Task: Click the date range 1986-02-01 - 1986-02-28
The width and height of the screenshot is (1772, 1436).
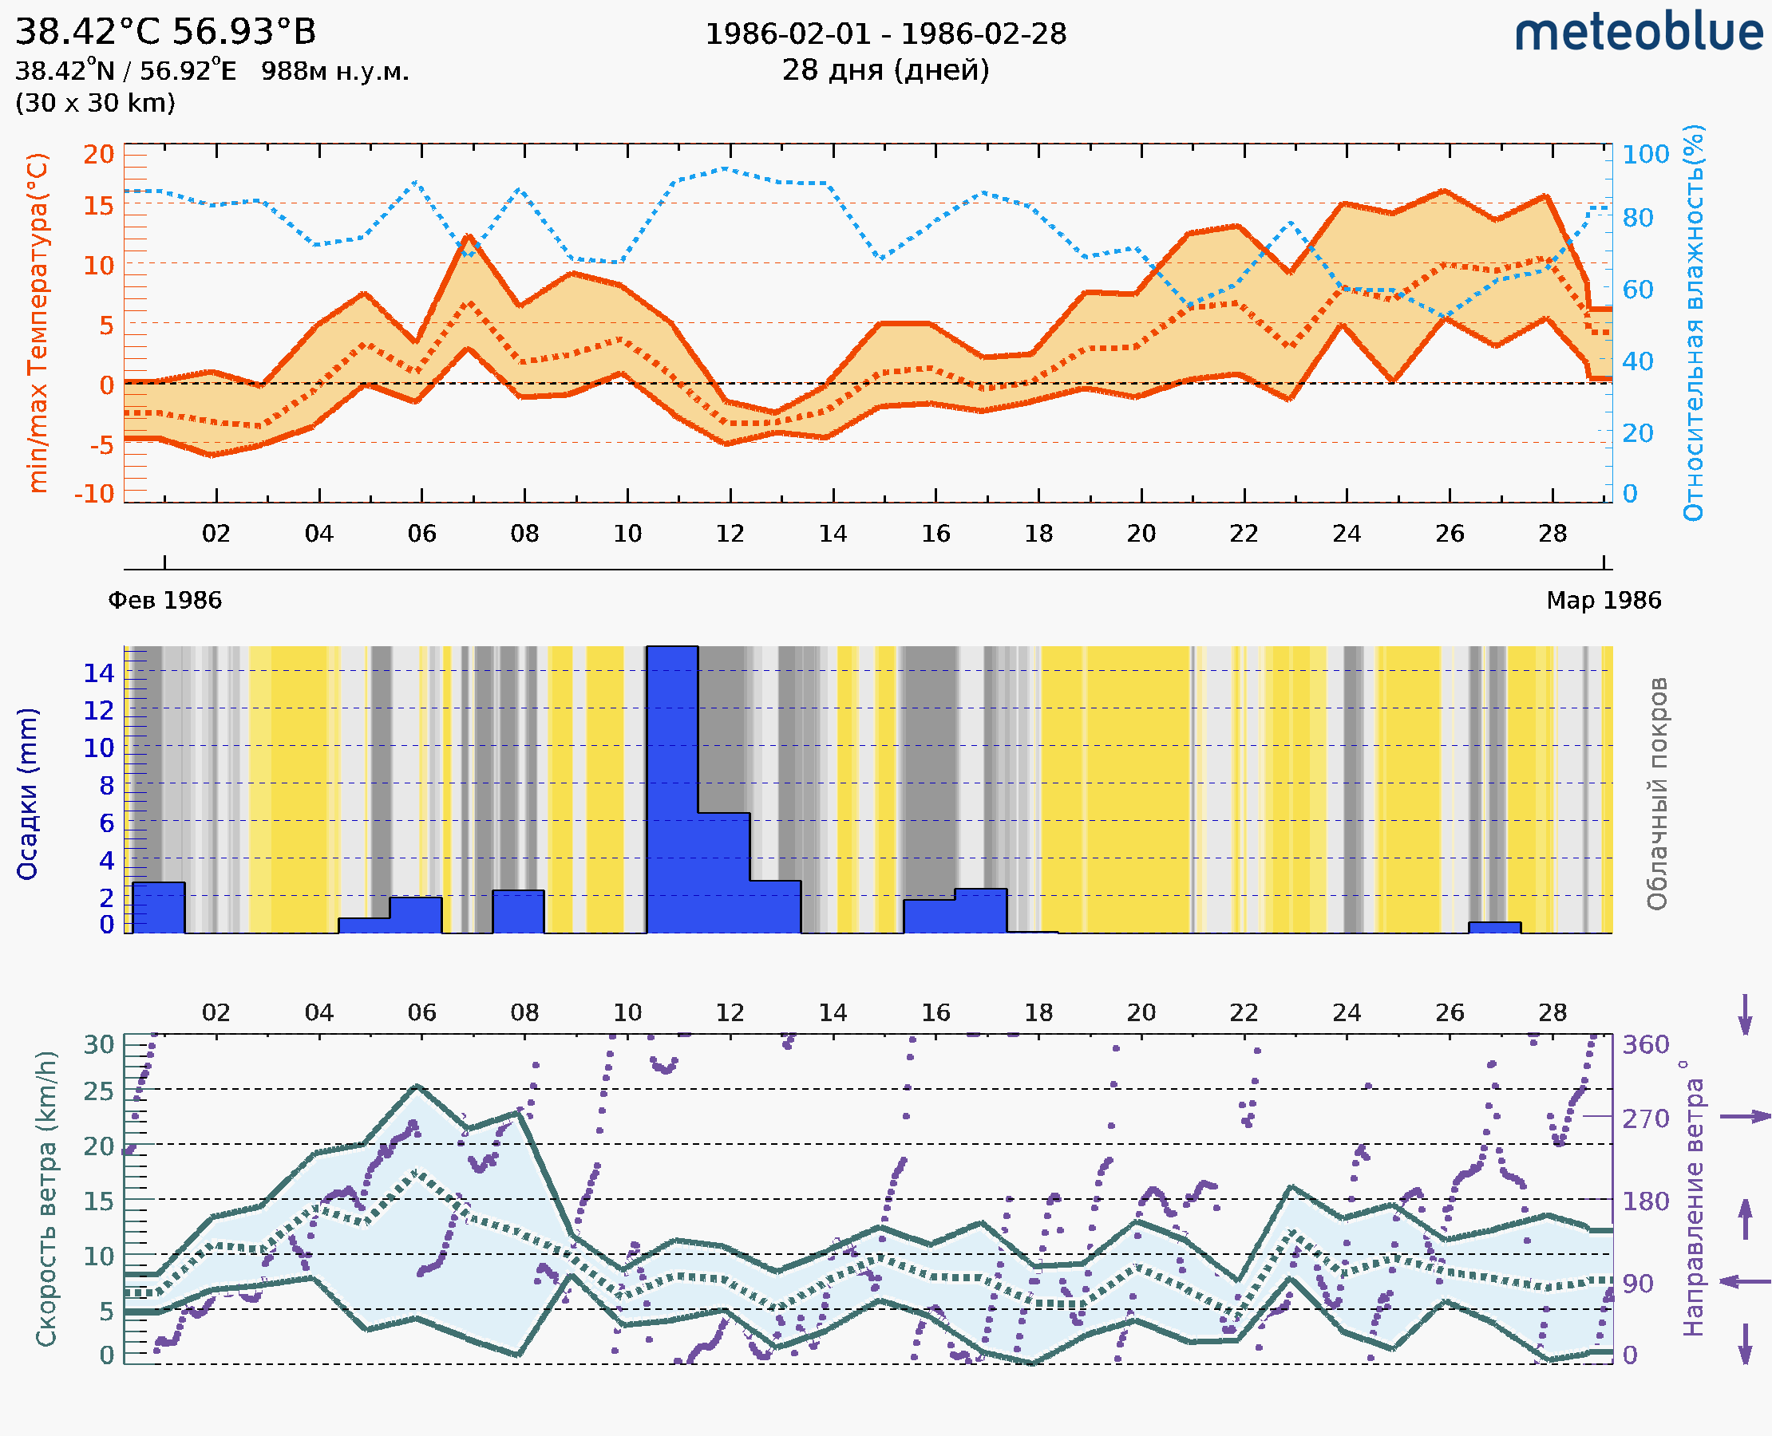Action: [884, 34]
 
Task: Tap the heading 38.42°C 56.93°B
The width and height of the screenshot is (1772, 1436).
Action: [165, 32]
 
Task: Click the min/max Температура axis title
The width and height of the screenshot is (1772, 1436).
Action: [38, 322]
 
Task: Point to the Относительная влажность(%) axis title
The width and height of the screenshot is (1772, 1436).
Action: [1693, 322]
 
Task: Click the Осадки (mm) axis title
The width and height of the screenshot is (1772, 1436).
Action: [26, 793]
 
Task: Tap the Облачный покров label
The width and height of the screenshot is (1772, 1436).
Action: [1656, 793]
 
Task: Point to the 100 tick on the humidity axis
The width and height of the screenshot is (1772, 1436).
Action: [1645, 155]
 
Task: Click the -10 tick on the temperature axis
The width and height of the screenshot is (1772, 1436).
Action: [94, 494]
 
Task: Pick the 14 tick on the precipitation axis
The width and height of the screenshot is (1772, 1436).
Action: [98, 673]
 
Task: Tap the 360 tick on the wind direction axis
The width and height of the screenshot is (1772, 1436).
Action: [1645, 1045]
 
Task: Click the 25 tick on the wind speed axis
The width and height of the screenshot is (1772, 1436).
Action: [98, 1092]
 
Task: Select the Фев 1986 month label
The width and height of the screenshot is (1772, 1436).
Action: [164, 600]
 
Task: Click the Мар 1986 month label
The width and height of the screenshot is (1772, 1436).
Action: [1603, 600]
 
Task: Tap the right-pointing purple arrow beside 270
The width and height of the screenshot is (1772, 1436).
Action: [1745, 1117]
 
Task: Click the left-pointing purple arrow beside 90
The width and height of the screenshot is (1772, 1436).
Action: [1745, 1282]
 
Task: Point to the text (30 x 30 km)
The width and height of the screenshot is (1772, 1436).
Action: [95, 103]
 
